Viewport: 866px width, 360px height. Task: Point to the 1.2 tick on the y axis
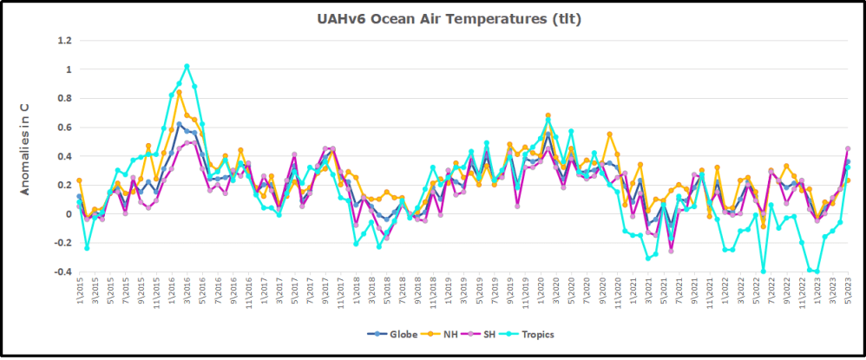point(63,40)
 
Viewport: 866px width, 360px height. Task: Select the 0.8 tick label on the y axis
point(63,98)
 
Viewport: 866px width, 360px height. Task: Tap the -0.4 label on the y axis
point(61,272)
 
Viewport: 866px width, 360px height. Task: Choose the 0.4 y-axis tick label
point(63,156)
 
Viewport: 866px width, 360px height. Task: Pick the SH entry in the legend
point(493,334)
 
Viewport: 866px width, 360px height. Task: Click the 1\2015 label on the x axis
point(79,295)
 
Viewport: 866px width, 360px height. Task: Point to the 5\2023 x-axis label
point(848,295)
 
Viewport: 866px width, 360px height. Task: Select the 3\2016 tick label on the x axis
point(187,295)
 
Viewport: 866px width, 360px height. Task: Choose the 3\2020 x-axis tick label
point(548,295)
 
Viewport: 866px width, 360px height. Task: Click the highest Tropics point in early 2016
point(187,66)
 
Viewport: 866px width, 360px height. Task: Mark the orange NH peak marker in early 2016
point(179,92)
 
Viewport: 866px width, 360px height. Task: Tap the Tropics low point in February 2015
point(87,248)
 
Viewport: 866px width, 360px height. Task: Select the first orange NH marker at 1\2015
point(79,180)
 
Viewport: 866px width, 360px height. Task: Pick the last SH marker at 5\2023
point(848,148)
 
